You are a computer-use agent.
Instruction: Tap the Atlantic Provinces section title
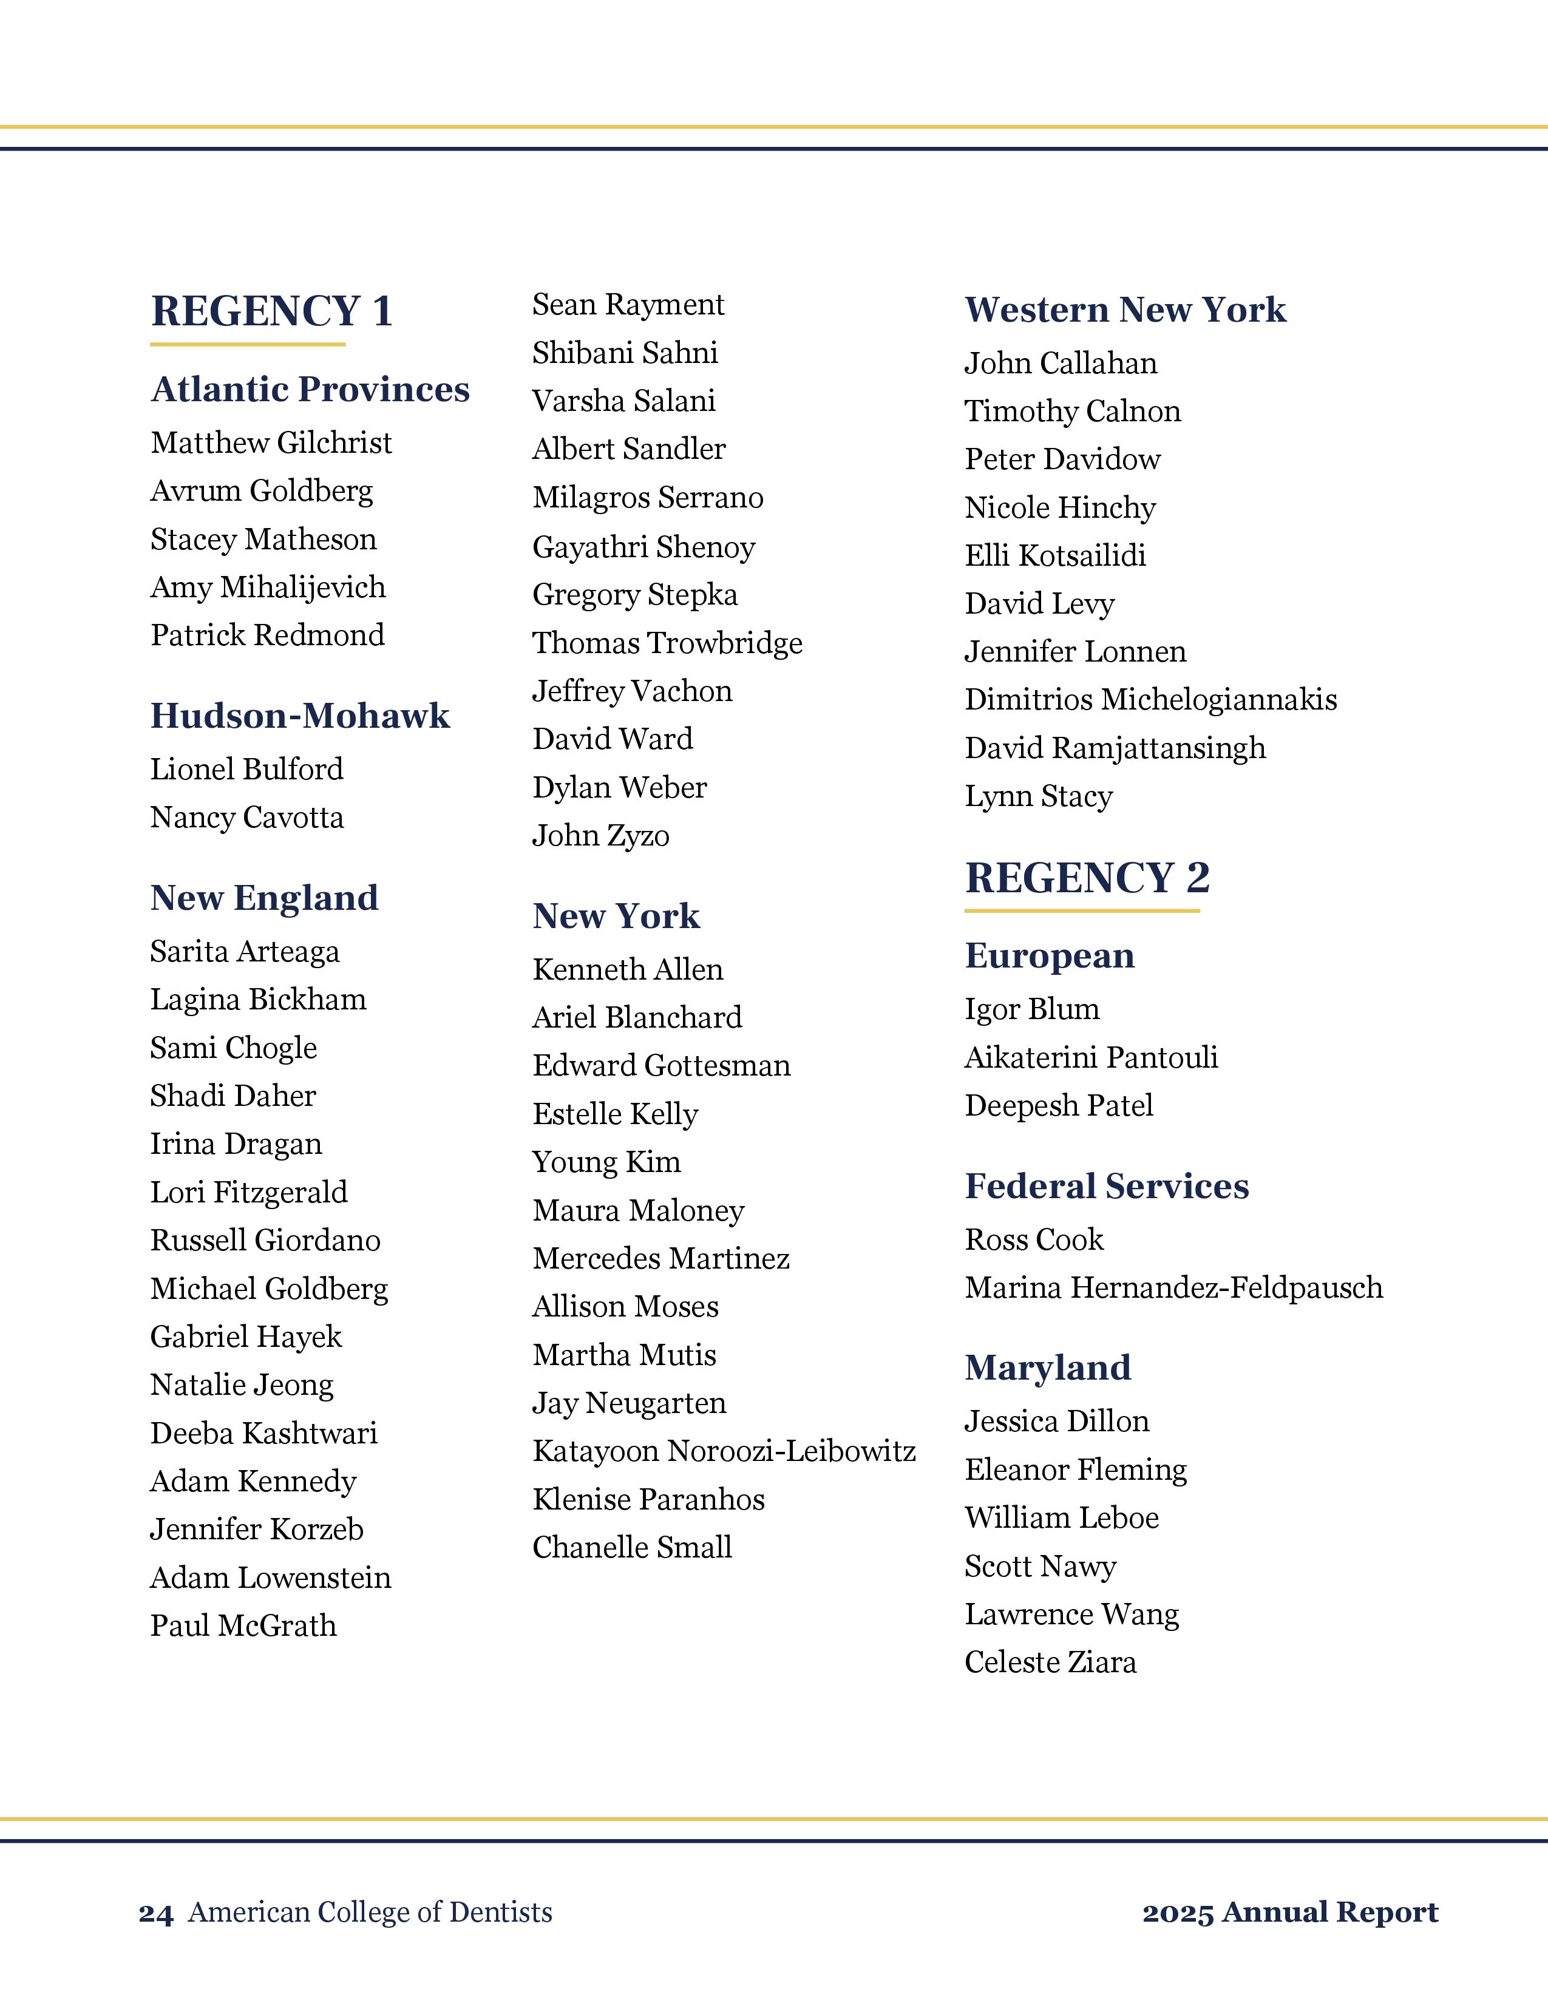coord(310,390)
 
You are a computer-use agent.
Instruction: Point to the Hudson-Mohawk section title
coord(300,716)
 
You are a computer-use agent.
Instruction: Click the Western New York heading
coord(1125,310)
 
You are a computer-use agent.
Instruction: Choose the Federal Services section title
coord(1106,1187)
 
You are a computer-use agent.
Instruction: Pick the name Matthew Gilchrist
coord(271,443)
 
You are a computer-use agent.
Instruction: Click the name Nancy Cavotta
coord(246,817)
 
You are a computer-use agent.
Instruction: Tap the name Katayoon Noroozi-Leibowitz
coord(724,1451)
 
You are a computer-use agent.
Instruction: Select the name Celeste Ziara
coord(1050,1662)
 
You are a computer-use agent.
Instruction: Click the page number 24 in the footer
coord(156,1913)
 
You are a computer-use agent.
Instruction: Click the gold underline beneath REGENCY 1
coord(248,345)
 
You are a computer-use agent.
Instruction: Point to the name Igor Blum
coord(1031,1009)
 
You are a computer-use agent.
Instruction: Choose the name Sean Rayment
coord(628,305)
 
